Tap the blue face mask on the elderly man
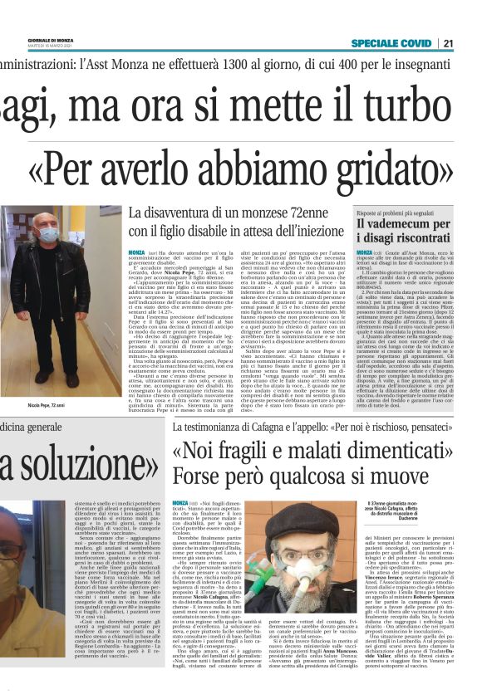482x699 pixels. coord(49,236)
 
